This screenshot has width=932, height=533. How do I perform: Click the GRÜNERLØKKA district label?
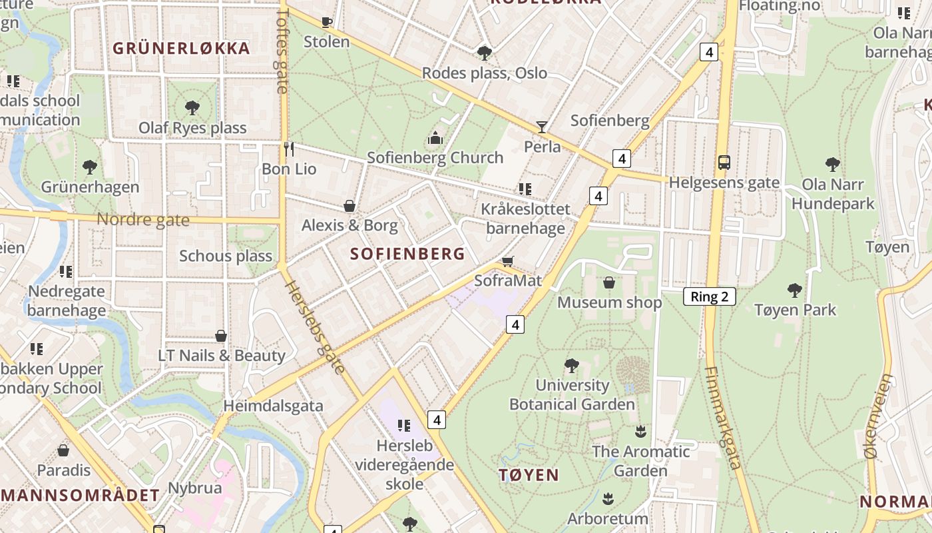pos(181,49)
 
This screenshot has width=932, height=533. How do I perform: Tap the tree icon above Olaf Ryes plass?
pos(192,107)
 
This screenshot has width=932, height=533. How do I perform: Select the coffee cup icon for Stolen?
pos(326,22)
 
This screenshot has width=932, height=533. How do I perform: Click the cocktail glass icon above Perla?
pos(542,127)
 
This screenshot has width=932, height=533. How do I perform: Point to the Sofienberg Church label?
pos(435,158)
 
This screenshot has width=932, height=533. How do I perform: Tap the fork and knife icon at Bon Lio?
pos(288,149)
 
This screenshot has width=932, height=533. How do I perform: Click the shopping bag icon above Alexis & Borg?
pos(349,205)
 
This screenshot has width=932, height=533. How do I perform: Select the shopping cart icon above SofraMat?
pos(507,261)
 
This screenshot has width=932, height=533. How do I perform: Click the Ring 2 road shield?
pos(709,297)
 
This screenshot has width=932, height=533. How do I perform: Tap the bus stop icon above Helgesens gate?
pos(724,162)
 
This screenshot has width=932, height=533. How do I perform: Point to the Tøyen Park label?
pos(795,310)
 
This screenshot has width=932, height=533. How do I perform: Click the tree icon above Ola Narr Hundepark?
pos(832,164)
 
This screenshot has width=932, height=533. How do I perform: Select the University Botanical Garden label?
pos(573,394)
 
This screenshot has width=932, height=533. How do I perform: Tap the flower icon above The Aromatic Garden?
pos(640,431)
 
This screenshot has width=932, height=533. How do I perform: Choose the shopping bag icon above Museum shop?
pos(608,282)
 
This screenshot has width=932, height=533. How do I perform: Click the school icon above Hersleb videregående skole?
pos(403,425)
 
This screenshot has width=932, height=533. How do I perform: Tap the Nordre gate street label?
pos(143,220)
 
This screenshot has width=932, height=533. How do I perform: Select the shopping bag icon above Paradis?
pos(63,450)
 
